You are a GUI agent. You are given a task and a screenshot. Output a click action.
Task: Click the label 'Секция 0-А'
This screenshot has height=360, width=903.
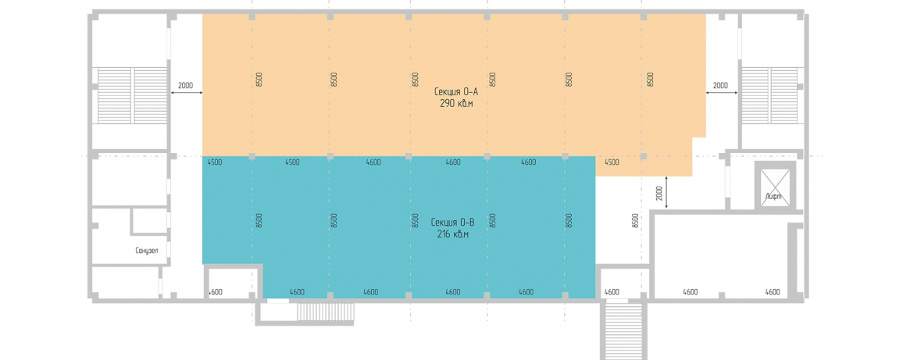[x=456, y=91]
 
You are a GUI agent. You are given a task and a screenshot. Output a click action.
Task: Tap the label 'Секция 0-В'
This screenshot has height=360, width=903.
[x=452, y=223]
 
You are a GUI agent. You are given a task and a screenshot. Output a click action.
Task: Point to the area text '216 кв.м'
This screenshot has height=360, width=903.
[x=452, y=234]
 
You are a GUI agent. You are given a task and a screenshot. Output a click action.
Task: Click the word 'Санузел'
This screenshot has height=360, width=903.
[x=147, y=251]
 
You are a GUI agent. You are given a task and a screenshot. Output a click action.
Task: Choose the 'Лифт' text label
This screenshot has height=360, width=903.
[x=773, y=197]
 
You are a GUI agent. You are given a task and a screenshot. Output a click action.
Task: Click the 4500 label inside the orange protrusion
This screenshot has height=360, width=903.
[x=612, y=162]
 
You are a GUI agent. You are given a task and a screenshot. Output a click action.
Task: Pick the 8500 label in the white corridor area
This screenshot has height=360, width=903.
[x=634, y=222]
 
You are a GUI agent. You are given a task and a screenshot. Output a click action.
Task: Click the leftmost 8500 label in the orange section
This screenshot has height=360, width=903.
[x=259, y=80]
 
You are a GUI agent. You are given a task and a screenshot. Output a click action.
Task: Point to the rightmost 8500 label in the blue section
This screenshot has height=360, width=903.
[x=569, y=222]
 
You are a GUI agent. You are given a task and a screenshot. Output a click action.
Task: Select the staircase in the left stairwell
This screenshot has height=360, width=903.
[x=132, y=95]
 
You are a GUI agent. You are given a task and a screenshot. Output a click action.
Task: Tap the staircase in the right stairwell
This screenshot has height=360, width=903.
[x=770, y=95]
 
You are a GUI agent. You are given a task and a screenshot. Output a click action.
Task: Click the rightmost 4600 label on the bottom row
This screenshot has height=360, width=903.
[x=773, y=292]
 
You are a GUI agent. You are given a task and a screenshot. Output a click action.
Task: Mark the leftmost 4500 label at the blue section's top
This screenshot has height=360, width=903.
[x=214, y=162]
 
